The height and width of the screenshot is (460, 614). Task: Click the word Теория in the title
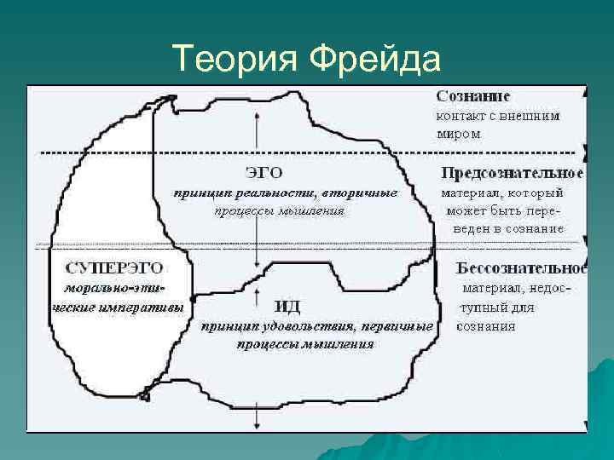[235, 60]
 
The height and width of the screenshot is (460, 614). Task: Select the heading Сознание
[473, 98]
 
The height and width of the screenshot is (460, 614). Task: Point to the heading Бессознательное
[522, 268]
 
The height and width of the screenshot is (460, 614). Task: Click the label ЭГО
[264, 173]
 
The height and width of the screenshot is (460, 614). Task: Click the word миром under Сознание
[458, 134]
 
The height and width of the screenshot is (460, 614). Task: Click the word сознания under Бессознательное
[485, 325]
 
